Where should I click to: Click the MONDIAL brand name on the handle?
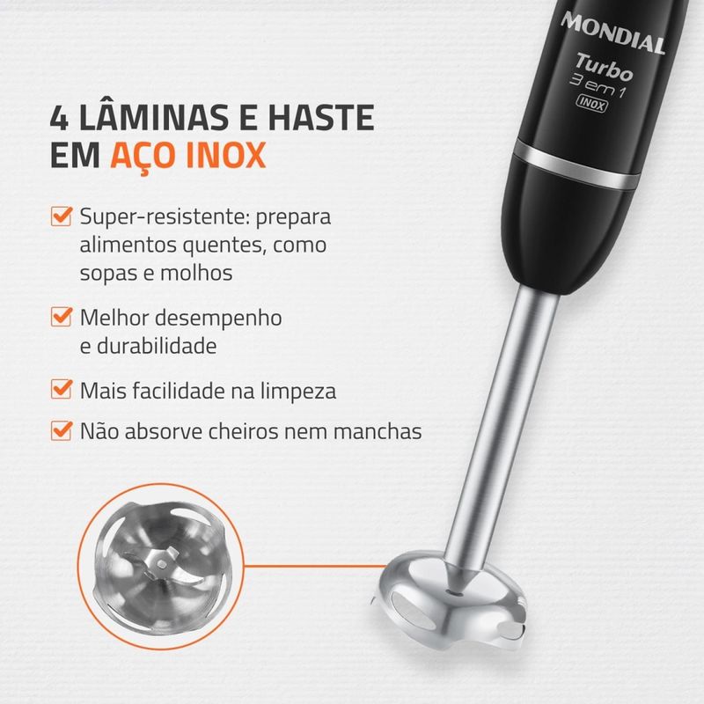click(612, 33)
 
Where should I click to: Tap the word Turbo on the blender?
click(605, 68)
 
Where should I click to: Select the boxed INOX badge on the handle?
click(592, 103)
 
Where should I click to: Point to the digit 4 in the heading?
click(59, 119)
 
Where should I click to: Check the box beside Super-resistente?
click(62, 216)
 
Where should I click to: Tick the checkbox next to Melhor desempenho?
click(62, 317)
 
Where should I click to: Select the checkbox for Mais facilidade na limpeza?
click(62, 389)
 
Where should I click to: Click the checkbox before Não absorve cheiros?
click(62, 430)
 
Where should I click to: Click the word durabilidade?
click(157, 346)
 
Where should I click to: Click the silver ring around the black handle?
click(577, 165)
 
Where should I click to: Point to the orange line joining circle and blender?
click(315, 566)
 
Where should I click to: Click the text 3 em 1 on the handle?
click(598, 88)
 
